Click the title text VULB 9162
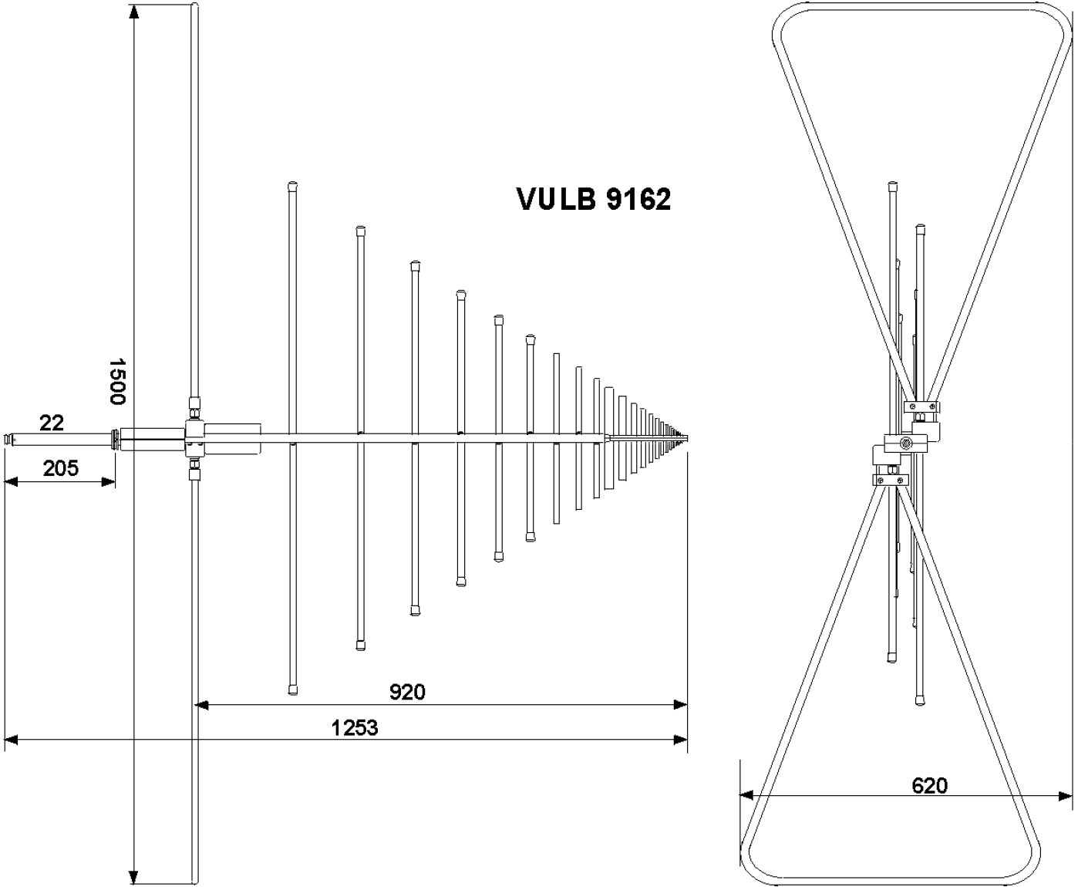point(593,199)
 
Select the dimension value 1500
point(116,380)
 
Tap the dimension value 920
point(406,692)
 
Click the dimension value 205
point(60,467)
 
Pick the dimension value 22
point(52,422)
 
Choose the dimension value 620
point(929,785)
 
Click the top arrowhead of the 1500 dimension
point(134,12)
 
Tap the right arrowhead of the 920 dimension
point(681,704)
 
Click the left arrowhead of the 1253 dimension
point(11,740)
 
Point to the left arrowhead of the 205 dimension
point(11,482)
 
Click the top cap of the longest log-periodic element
point(293,185)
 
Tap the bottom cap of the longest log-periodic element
point(293,689)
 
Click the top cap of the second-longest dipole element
point(360,230)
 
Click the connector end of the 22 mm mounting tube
point(10,440)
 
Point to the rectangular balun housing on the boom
point(231,438)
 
